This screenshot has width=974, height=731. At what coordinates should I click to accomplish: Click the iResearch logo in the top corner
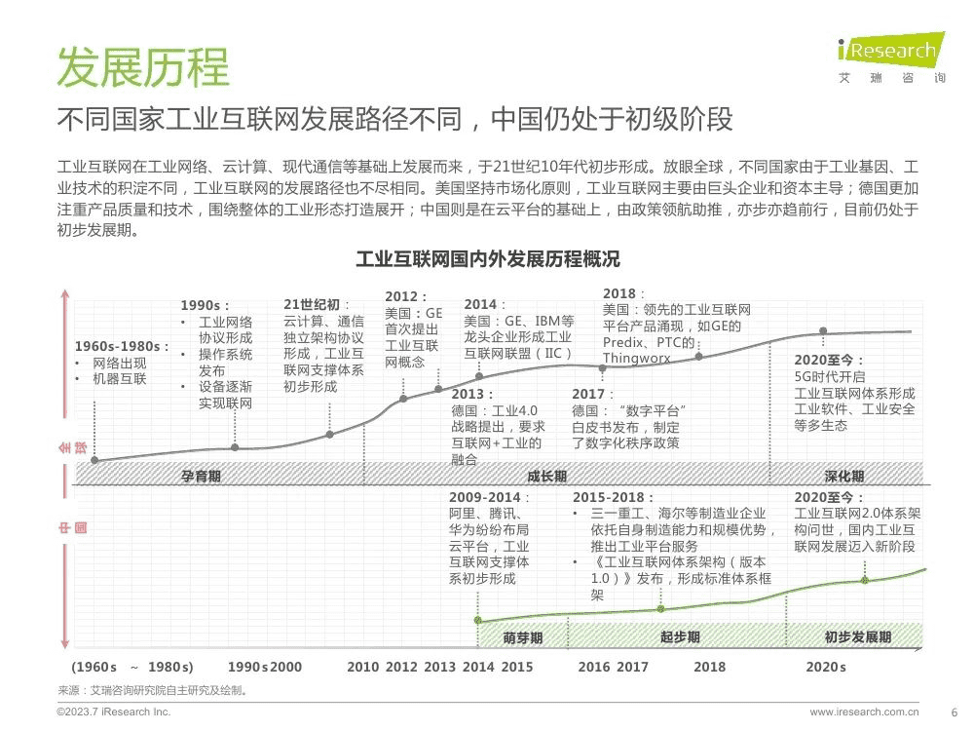tap(889, 58)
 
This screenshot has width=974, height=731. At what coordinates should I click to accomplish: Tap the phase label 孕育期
tap(201, 476)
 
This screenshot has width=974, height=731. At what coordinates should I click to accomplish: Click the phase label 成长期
tap(546, 476)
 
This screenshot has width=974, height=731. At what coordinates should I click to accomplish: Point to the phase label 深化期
tap(843, 476)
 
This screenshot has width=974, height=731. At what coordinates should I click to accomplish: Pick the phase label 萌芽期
tap(523, 637)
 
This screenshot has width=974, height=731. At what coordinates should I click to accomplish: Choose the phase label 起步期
tap(680, 637)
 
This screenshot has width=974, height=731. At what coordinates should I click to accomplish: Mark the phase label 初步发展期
tap(857, 637)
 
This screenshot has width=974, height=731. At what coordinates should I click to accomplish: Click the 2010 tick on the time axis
tap(362, 667)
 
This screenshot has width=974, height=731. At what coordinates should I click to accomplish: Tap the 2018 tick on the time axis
tap(709, 667)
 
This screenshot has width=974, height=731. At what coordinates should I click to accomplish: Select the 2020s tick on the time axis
tap(826, 667)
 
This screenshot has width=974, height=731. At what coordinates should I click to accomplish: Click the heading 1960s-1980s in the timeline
tap(122, 346)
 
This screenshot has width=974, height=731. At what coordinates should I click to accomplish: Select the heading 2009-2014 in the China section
tap(485, 497)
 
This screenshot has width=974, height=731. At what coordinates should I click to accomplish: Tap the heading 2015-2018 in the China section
tap(613, 497)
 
